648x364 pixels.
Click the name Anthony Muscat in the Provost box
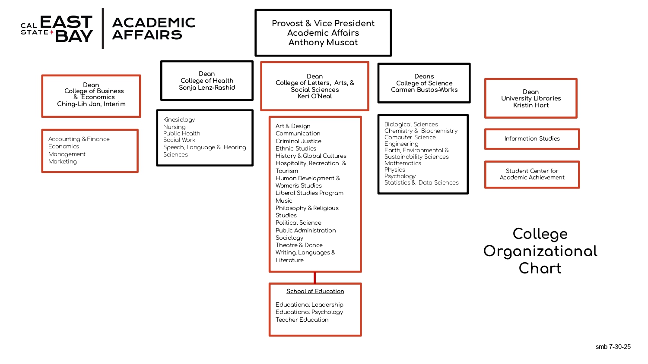point(323,42)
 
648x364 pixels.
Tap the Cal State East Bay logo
point(57,28)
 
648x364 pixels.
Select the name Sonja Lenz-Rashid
point(207,88)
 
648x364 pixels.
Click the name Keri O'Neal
point(314,96)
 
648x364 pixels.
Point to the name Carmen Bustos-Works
point(424,90)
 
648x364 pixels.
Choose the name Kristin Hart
point(531,105)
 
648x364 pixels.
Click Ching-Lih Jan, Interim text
point(91,104)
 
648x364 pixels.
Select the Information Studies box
point(532,139)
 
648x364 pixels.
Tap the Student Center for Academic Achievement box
point(532,174)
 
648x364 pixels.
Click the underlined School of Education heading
point(315,292)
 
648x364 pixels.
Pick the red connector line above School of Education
point(314,277)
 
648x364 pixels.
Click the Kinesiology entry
point(179,119)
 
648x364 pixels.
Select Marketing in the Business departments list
point(63,161)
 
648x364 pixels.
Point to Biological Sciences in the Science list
point(411,124)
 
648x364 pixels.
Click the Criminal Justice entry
point(298,141)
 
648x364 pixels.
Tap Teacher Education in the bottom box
point(302,320)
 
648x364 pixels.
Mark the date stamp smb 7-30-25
point(613,347)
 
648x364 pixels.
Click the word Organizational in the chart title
point(540,251)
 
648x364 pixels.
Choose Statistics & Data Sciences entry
point(421,183)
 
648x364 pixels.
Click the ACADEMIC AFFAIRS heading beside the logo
point(153,28)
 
